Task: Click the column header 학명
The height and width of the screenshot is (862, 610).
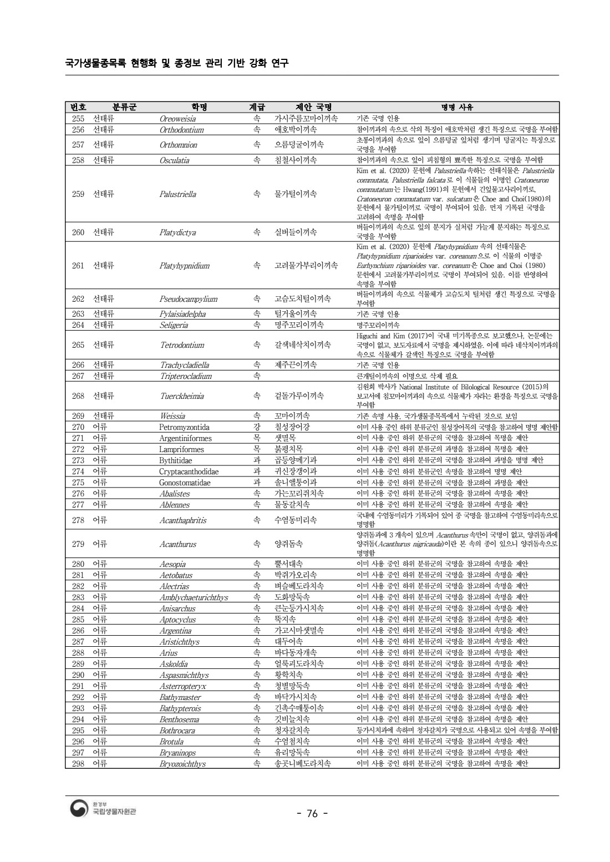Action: pyautogui.click(x=199, y=107)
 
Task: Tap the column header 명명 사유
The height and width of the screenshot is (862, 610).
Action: pyautogui.click(x=457, y=107)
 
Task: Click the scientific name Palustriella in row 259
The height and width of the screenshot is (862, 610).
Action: pyautogui.click(x=177, y=194)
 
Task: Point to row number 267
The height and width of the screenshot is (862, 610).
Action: pyautogui.click(x=78, y=376)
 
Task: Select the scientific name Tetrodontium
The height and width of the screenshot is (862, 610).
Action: pyautogui.click(x=182, y=345)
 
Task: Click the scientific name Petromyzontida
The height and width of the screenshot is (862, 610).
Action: pyautogui.click(x=184, y=427)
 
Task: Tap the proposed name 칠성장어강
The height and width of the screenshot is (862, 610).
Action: pyautogui.click(x=292, y=427)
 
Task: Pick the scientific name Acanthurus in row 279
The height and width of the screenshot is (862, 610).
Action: pyautogui.click(x=177, y=544)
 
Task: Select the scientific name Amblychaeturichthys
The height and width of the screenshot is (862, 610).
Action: pyautogui.click(x=194, y=597)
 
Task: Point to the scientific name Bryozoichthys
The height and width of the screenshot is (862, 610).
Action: pyautogui.click(x=182, y=764)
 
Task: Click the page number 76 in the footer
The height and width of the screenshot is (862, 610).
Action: pyautogui.click(x=312, y=814)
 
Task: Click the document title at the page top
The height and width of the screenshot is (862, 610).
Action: pyautogui.click(x=177, y=63)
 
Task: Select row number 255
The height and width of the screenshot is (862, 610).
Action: pyautogui.click(x=78, y=119)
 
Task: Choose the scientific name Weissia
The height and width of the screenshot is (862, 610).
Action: pyautogui.click(x=172, y=416)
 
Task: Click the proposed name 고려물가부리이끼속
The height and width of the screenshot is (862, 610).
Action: pyautogui.click(x=306, y=266)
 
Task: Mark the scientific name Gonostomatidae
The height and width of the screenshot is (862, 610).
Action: pyautogui.click(x=185, y=483)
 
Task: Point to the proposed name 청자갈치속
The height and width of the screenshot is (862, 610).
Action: pyautogui.click(x=292, y=731)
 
